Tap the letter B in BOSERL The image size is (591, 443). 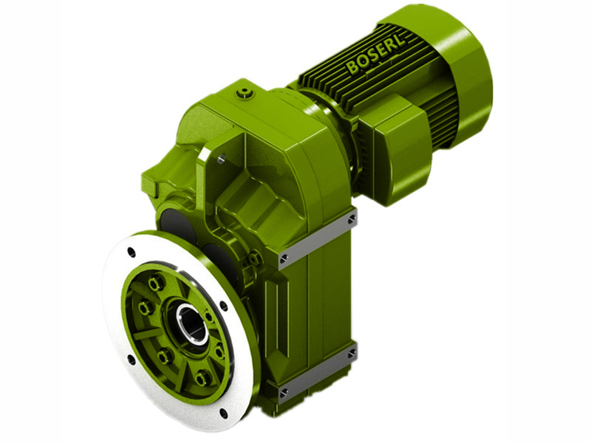point(352,69)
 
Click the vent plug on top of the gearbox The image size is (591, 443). point(245,93)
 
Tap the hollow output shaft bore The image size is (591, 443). point(191,323)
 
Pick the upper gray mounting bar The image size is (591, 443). point(318,238)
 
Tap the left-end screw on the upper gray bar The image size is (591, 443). point(284,258)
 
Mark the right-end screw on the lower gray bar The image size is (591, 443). point(352,353)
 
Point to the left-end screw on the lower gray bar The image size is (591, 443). point(283,392)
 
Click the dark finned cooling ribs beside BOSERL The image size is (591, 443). point(332,89)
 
